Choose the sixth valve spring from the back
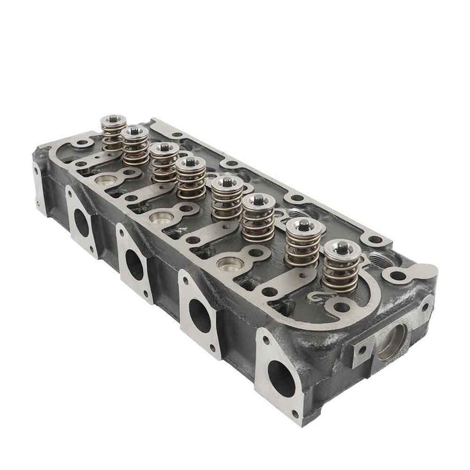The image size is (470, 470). (x=257, y=216)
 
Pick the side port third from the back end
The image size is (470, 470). (x=199, y=314)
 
